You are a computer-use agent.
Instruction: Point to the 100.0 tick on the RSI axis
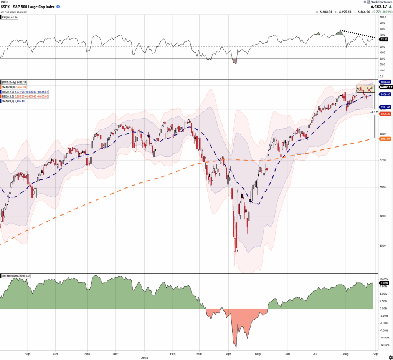point(383,17)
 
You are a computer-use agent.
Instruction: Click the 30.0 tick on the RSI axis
point(382,59)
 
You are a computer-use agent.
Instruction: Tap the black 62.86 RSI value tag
point(383,39)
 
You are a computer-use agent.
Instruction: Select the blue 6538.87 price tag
point(385,82)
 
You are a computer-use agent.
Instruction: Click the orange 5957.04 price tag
point(385,139)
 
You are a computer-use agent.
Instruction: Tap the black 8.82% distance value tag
point(384,283)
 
